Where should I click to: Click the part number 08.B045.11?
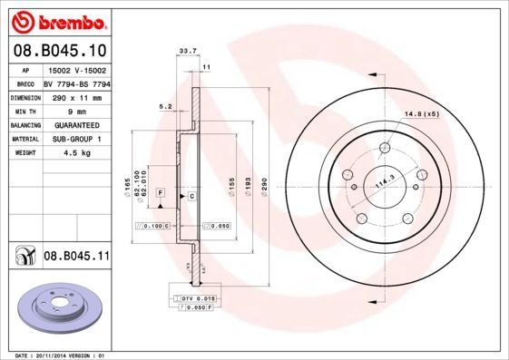pos(76,257)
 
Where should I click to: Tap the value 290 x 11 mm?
pos(76,96)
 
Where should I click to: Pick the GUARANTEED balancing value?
pos(76,124)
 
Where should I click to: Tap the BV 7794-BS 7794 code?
pos(76,83)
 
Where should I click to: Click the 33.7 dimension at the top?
pos(187,52)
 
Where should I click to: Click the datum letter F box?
pos(160,193)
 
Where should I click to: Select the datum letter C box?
pos(191,196)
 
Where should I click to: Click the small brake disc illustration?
pos(60,308)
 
